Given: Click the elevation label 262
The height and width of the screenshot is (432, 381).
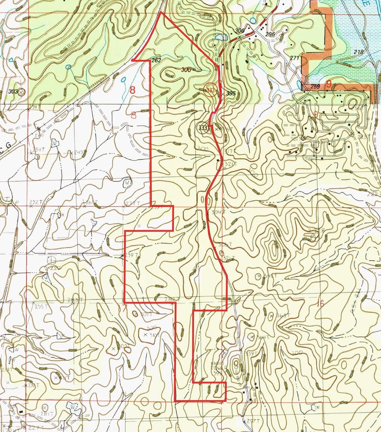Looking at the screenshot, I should [156, 60].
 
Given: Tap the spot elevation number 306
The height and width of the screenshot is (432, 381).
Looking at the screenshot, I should [239, 31].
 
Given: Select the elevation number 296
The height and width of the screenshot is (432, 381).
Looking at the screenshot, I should [270, 35].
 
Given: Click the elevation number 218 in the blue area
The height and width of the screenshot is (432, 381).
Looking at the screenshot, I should [358, 53].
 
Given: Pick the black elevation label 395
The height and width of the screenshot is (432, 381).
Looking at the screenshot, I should [231, 93].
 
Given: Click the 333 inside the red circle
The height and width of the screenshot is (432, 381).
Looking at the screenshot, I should [210, 90].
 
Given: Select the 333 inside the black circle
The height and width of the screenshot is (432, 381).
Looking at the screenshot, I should [203, 128].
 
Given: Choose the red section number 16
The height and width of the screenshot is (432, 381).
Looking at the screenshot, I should [320, 304].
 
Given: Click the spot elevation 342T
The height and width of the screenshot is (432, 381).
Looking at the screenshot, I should [269, 276].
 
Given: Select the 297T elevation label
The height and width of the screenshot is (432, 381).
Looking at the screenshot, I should [252, 421].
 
